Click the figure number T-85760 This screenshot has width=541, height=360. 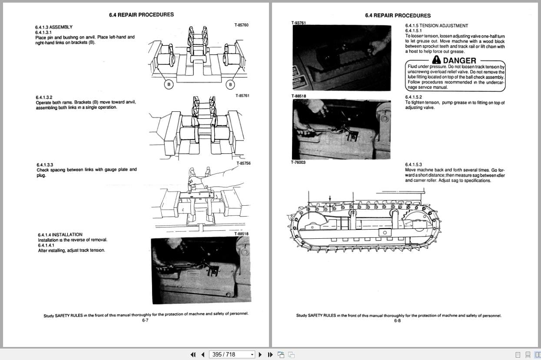[x=241, y=25]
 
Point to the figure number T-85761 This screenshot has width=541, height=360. [x=242, y=96]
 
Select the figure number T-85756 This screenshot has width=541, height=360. [x=243, y=163]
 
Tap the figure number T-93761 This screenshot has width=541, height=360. [x=299, y=23]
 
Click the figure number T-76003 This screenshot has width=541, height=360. [x=298, y=162]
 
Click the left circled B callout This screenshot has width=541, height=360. [x=169, y=84]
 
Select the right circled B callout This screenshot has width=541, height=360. [x=230, y=84]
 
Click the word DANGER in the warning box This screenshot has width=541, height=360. [x=459, y=60]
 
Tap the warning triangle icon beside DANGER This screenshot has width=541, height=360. [x=436, y=60]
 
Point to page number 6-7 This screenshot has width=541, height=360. [x=145, y=320]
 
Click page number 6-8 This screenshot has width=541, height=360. [x=397, y=321]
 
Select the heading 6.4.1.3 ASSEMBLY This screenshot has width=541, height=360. [x=54, y=27]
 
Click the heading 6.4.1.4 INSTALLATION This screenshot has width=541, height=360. [x=60, y=235]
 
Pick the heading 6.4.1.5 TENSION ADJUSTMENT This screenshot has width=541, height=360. [x=436, y=26]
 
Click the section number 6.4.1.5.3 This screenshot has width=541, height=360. [x=413, y=164]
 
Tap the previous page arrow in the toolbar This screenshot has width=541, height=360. [x=202, y=354]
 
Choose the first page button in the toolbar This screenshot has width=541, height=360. [x=193, y=354]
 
